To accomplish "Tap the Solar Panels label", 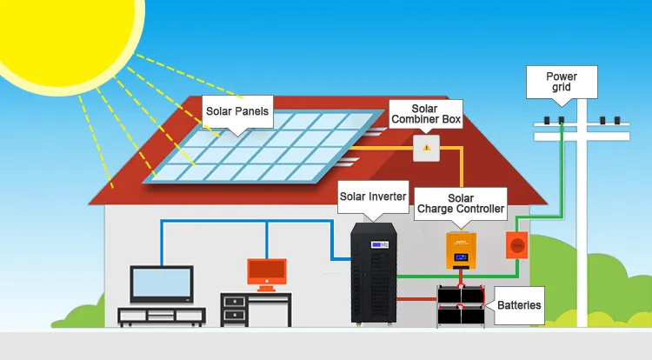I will [237, 111].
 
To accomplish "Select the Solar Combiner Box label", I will [424, 112].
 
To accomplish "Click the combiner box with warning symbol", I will [426, 148].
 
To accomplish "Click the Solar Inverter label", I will [373, 197].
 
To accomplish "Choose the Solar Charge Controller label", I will [461, 203].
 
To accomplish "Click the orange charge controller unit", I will [462, 250].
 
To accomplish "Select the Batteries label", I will [519, 305].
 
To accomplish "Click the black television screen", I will [161, 283].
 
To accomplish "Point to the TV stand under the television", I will [161, 315].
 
